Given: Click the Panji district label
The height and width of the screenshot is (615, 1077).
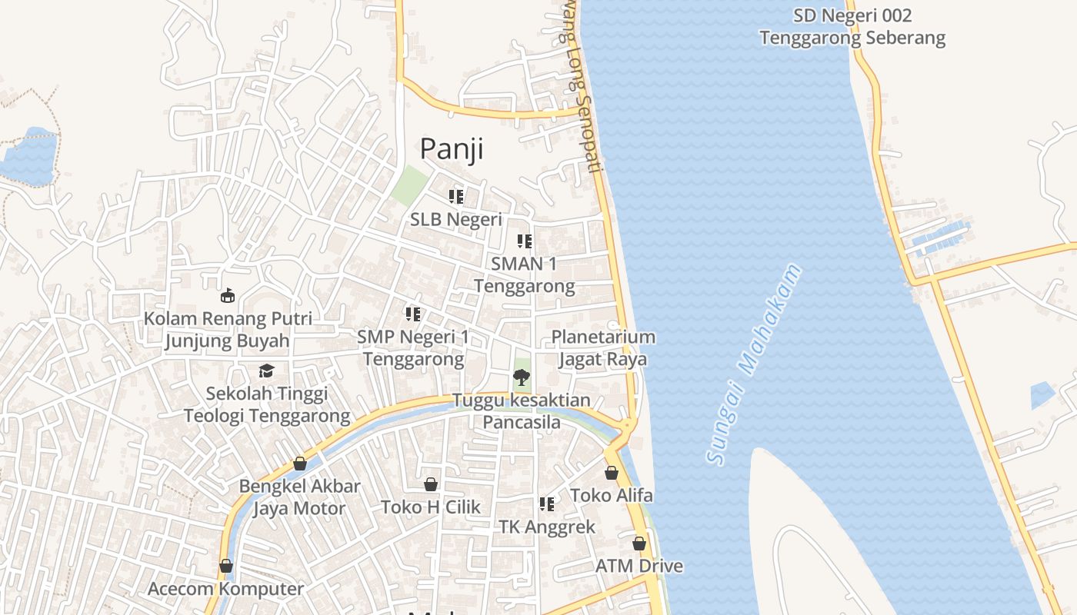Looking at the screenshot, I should [451, 148].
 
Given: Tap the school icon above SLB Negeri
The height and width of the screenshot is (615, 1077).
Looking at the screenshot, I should [456, 197].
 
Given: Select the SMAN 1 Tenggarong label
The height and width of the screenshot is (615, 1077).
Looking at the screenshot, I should [524, 275].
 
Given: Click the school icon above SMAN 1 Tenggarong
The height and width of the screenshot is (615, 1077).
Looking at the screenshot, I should [525, 241].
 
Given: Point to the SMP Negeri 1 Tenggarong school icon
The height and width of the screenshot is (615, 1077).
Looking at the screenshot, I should [413, 314].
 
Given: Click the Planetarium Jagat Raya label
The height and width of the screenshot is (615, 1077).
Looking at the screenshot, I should [603, 348].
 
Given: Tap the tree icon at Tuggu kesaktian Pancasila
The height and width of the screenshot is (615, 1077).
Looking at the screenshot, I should [522, 377].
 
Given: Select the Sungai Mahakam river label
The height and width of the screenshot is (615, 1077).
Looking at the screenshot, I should [753, 365].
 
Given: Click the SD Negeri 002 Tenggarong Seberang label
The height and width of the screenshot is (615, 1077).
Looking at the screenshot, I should [852, 27].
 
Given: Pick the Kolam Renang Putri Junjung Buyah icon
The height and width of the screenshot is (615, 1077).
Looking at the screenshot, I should [228, 295].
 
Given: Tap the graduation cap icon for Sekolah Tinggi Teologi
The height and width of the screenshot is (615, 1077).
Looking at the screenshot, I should [266, 371].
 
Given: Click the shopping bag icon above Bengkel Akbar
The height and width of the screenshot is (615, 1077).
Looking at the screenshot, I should [300, 464].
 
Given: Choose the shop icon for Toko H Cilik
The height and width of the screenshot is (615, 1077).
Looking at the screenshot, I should [431, 484].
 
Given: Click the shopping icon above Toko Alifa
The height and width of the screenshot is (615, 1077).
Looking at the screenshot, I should [612, 473].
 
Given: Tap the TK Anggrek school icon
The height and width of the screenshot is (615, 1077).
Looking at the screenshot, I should [547, 504].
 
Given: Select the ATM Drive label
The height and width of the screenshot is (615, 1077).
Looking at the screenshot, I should [639, 567].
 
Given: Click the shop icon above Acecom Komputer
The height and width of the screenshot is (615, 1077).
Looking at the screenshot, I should [226, 566].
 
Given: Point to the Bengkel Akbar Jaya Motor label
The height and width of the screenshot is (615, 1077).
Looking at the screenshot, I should [299, 497].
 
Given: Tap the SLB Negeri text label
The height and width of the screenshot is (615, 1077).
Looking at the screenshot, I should [455, 219].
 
